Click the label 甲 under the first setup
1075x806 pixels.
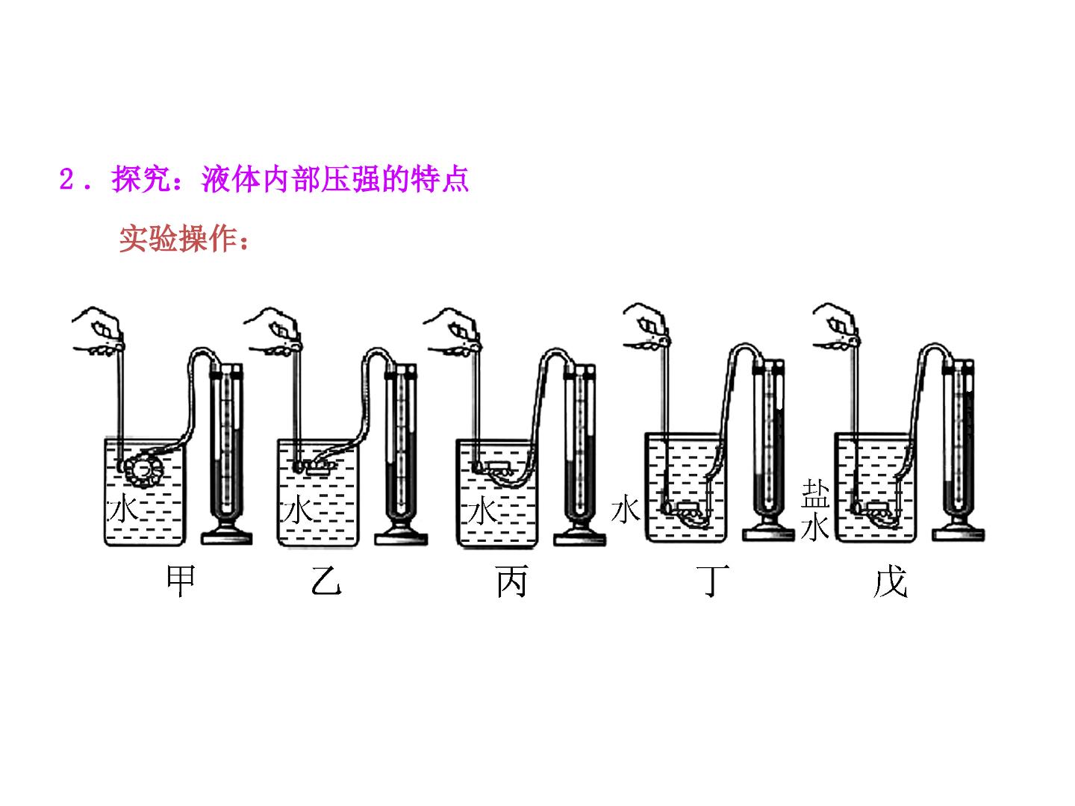coord(181,581)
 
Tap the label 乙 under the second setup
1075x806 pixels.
coord(326,581)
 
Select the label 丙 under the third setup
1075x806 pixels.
coord(511,581)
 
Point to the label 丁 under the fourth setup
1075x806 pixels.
coord(713,581)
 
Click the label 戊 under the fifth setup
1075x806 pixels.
coord(890,581)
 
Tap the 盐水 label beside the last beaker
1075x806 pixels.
coord(815,510)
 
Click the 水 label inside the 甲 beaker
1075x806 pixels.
coord(123,509)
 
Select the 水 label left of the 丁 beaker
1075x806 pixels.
coord(626,509)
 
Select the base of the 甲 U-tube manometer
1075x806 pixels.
coord(227,535)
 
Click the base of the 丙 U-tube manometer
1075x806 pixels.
coord(580,535)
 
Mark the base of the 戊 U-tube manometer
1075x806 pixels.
coord(958,531)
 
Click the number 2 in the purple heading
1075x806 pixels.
coord(66,178)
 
